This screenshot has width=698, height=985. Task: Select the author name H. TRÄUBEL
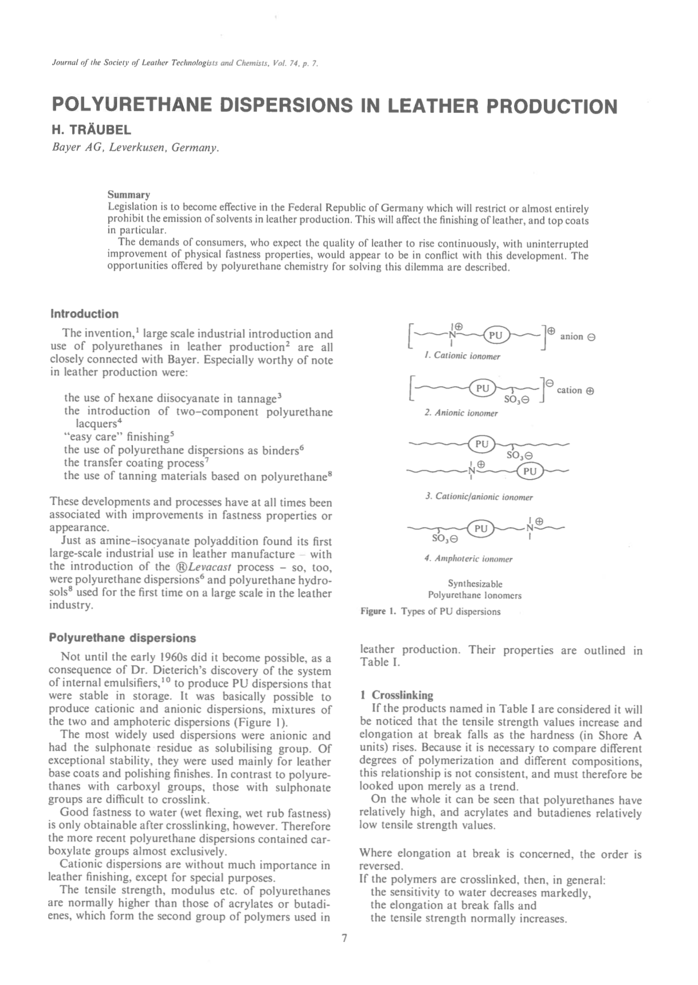point(91,130)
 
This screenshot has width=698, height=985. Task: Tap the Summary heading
point(129,195)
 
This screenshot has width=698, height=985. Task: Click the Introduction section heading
point(84,314)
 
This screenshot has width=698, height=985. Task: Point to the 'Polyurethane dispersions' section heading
point(122,638)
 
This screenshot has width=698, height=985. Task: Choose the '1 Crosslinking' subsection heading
point(397,695)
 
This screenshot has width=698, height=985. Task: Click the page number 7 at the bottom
point(344,938)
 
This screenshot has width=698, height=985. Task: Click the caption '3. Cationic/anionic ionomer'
point(479,497)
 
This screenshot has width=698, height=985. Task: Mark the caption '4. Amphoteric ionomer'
point(469,559)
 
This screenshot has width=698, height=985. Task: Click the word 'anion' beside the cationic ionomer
point(572,336)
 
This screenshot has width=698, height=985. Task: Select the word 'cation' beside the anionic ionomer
point(569,390)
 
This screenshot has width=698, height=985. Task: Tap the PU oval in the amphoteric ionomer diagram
point(481,528)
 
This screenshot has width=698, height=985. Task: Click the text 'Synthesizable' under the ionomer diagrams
point(475,584)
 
